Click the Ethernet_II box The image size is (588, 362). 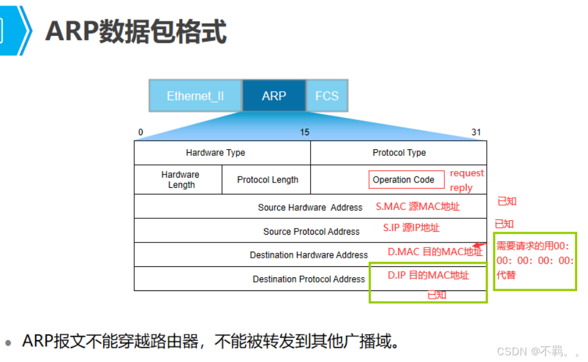coord(195,96)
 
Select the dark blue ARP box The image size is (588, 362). coord(274,96)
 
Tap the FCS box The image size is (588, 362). coord(326,96)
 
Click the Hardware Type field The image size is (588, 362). coord(215,153)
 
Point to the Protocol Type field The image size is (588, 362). coord(399,153)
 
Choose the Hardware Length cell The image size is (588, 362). coord(180,179)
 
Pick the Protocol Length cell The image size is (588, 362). coord(268,179)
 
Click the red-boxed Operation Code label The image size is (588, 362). coord(404,179)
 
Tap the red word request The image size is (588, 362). coord(467,173)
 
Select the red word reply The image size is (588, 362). coord(461,188)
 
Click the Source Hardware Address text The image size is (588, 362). coord(310,207)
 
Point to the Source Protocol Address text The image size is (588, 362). coord(311,232)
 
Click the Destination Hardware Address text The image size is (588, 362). coord(309,255)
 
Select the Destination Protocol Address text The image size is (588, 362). coord(309,280)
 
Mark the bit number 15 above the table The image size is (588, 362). coord(305,132)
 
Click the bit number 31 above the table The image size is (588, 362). coord(476,132)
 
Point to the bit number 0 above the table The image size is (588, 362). coord(141,132)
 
